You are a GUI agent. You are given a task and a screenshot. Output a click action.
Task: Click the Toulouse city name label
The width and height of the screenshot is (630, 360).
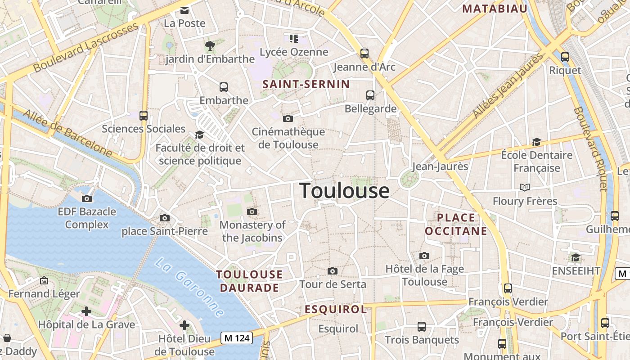[344, 191]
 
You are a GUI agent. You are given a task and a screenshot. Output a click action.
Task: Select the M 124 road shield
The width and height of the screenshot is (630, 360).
[237, 338]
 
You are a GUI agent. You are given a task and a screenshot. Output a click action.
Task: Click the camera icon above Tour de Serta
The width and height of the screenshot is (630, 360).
[333, 271]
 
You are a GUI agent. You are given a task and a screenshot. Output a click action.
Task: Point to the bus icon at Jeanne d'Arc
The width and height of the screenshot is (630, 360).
[364, 54]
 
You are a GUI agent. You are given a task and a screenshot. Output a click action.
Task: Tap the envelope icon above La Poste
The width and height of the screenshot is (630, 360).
[184, 10]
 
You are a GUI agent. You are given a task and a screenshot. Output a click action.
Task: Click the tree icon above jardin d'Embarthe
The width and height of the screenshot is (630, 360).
[210, 45]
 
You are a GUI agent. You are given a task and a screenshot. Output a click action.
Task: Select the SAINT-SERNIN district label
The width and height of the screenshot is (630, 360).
[306, 84]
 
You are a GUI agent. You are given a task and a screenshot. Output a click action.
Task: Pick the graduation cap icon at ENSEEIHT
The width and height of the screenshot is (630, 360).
[576, 257]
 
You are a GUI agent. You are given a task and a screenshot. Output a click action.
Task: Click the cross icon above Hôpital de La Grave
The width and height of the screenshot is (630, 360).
[86, 311]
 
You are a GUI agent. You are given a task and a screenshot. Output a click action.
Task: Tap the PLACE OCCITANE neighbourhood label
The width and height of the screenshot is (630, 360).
[456, 224]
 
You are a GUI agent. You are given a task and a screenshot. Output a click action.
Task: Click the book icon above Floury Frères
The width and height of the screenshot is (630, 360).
[525, 187]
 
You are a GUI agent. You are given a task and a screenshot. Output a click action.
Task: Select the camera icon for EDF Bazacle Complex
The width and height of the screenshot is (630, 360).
[87, 198]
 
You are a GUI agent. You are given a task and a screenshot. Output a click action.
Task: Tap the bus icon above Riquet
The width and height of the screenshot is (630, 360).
[565, 57]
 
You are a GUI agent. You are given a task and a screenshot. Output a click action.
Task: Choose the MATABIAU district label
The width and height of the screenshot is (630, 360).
[495, 9]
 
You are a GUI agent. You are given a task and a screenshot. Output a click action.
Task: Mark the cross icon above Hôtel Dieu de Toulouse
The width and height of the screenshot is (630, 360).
[184, 325]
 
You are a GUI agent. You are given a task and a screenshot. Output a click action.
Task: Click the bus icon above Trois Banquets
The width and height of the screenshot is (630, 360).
[422, 327]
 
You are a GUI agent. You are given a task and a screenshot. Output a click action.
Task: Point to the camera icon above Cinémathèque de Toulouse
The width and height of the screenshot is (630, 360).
[288, 118]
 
